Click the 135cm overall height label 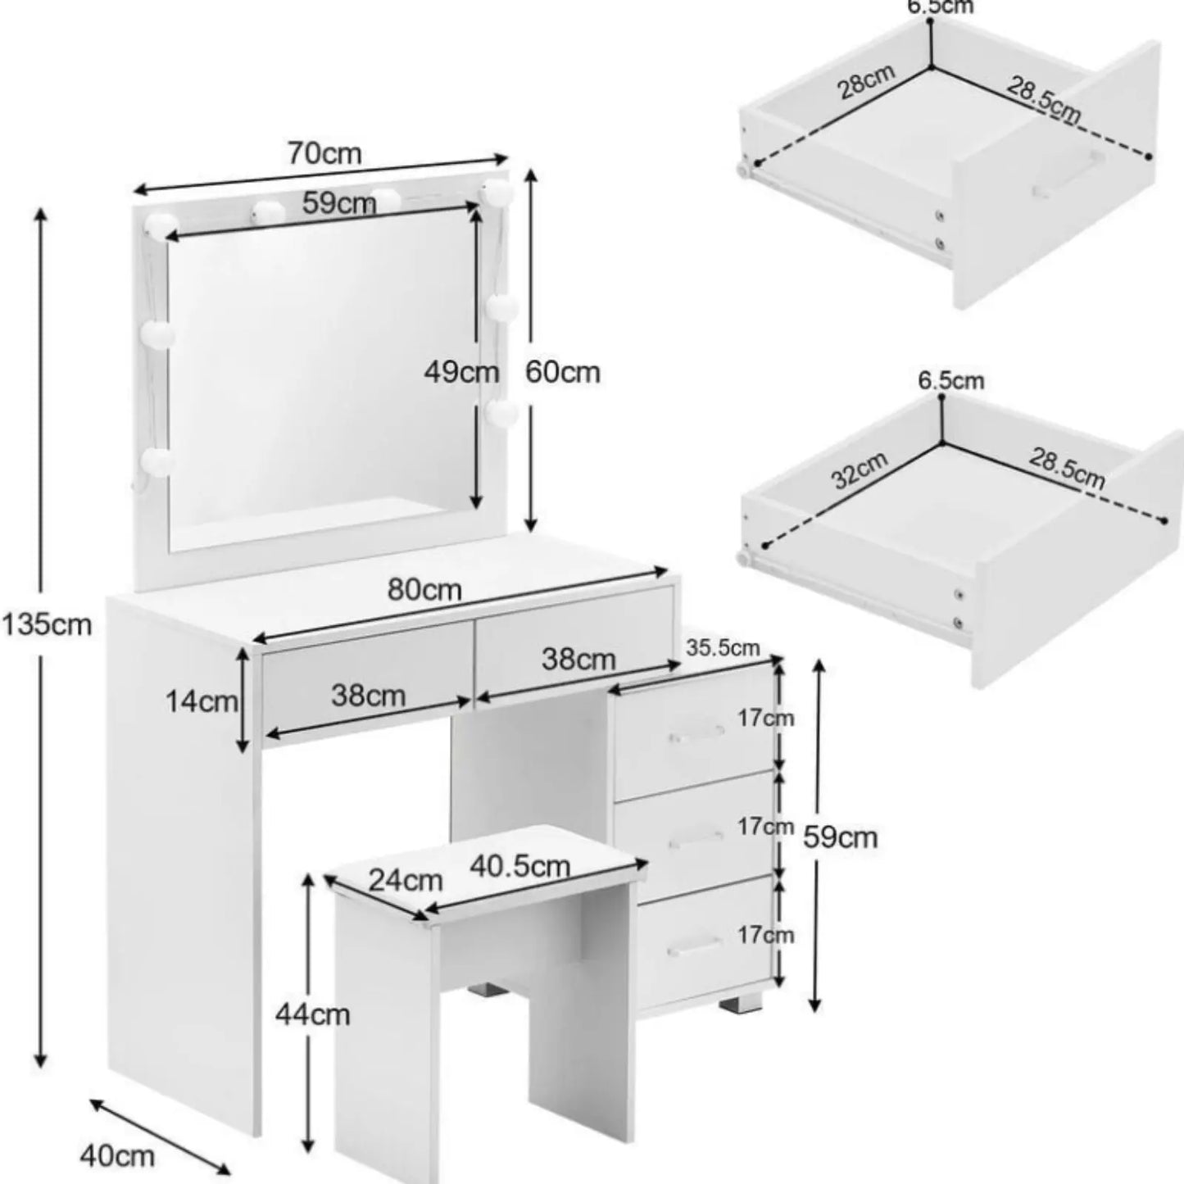(x=48, y=625)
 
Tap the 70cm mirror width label (x=324, y=153)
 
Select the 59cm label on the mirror (x=339, y=202)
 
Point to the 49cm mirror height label (x=461, y=372)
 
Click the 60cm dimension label (x=562, y=372)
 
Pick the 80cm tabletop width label (x=424, y=591)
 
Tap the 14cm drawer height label (x=202, y=701)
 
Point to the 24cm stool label (x=406, y=881)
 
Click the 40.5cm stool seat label (x=519, y=866)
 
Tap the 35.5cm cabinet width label (x=723, y=647)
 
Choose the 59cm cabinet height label (x=841, y=837)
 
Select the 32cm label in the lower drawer (x=860, y=470)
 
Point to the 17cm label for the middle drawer (x=765, y=827)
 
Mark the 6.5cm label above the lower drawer (x=951, y=381)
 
